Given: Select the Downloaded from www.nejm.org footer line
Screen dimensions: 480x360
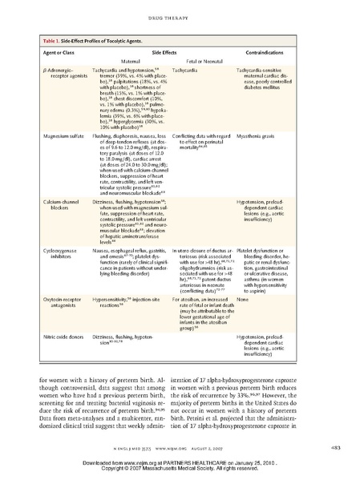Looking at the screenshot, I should [180, 464].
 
